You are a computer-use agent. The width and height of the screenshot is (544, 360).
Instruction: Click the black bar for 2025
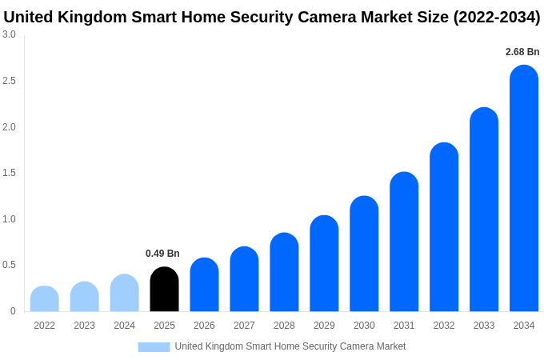pos(164,290)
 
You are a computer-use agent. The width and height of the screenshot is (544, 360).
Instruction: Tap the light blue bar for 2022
pos(45,299)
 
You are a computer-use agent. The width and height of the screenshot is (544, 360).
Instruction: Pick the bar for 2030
pos(364,254)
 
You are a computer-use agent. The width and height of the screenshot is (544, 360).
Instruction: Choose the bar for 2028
pos(284,273)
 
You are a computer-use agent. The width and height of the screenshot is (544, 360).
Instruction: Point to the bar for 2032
pos(444,227)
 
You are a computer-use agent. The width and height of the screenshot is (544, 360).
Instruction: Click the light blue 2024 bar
pos(124,294)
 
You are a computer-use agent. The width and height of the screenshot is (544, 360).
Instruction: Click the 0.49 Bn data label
pos(162,254)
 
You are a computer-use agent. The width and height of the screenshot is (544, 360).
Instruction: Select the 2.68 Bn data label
pos(522,52)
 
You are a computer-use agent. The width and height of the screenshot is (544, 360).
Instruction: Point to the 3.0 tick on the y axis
pos(9,34)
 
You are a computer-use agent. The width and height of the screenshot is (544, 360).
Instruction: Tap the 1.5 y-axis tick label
pos(9,173)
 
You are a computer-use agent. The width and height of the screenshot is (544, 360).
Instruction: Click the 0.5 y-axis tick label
pos(9,265)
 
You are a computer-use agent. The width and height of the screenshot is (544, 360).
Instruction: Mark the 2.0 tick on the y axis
pos(9,127)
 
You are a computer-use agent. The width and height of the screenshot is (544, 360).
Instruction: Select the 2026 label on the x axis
pos(204,326)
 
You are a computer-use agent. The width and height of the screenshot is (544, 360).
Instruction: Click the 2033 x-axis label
pos(484,326)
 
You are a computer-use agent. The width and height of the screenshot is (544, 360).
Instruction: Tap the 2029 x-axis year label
pos(324,326)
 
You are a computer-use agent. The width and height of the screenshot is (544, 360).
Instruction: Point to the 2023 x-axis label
pos(84,326)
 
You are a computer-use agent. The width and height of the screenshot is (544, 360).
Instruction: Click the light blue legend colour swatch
pos(154,346)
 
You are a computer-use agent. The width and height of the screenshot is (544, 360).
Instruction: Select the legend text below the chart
pos(290,346)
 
